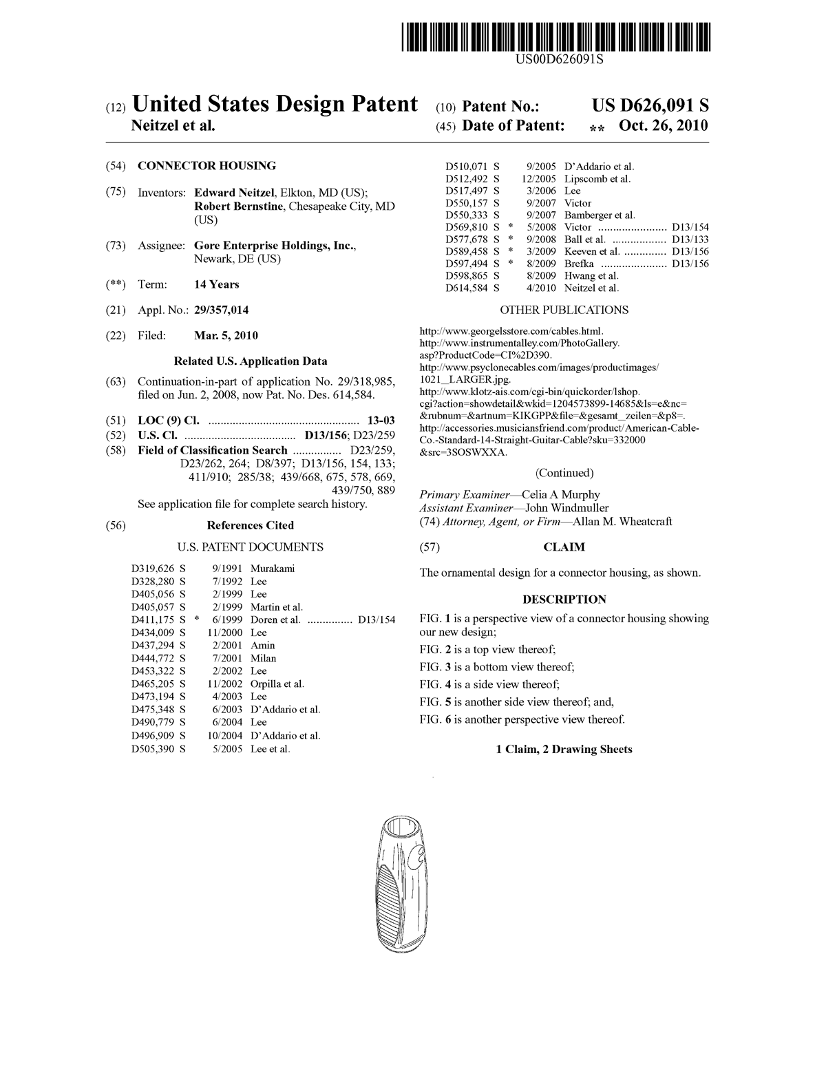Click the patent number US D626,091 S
pos(650,105)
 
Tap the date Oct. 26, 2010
pos(663,126)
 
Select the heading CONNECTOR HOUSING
pos(206,165)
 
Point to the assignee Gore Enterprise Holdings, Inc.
pos(275,246)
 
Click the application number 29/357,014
pos(222,310)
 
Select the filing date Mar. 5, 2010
pos(226,336)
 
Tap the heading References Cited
pos(251,525)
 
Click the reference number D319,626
pos(153,569)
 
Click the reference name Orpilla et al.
pos(277,684)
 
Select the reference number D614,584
pos(468,288)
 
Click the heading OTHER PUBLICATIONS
pos(564,310)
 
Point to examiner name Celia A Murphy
pos(560,494)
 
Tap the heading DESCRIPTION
pos(564,599)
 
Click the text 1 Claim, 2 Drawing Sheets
pos(564,749)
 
